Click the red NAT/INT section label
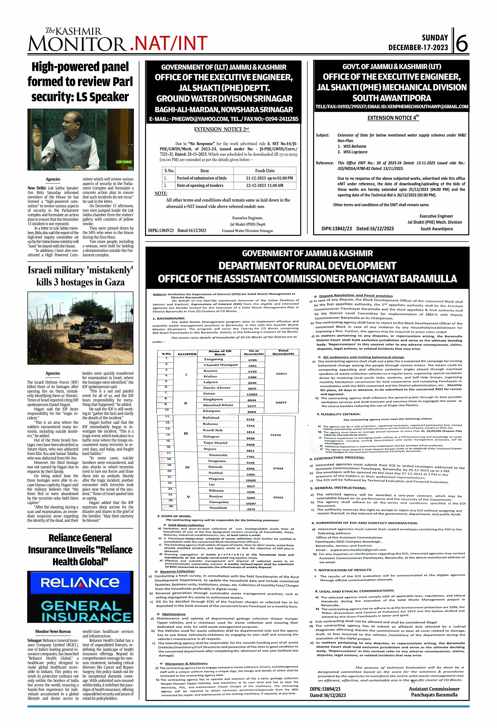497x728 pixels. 169,43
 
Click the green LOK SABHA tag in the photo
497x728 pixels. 124,162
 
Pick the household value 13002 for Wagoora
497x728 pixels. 251,480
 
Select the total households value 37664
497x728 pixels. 278,468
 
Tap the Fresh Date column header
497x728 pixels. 265,171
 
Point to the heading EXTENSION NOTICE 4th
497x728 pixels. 393,118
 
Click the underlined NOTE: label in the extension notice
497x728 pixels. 161,194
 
